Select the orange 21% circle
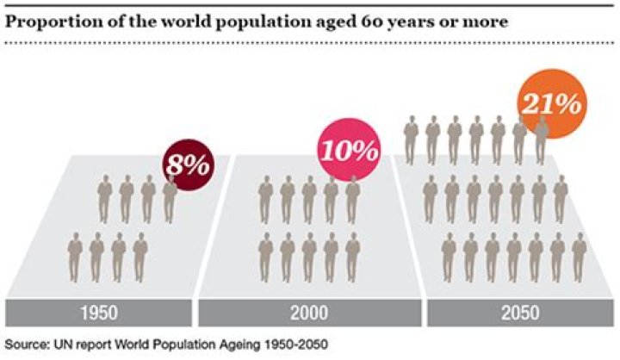(x=548, y=106)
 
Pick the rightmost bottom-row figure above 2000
(x=351, y=257)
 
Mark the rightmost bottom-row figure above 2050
(x=579, y=257)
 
